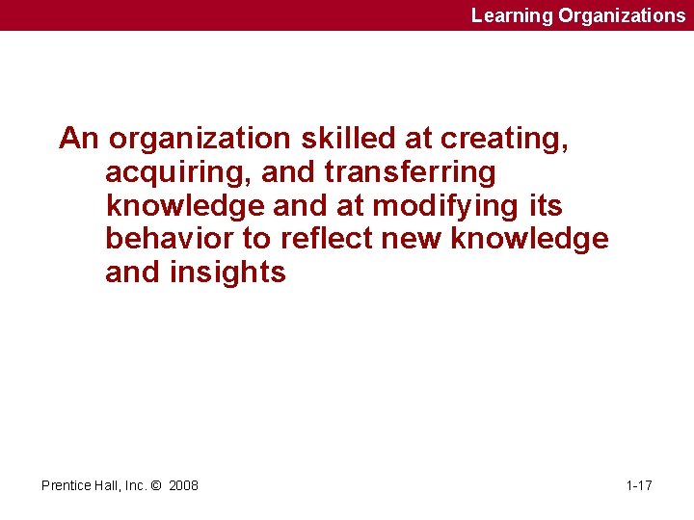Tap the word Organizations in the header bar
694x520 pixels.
(x=622, y=15)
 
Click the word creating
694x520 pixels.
(x=503, y=140)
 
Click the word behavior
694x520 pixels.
(x=168, y=240)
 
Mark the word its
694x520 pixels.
(x=545, y=206)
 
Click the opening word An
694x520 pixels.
(x=79, y=140)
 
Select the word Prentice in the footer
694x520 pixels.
(x=66, y=485)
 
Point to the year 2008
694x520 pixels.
(x=183, y=485)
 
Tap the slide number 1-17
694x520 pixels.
(x=639, y=485)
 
